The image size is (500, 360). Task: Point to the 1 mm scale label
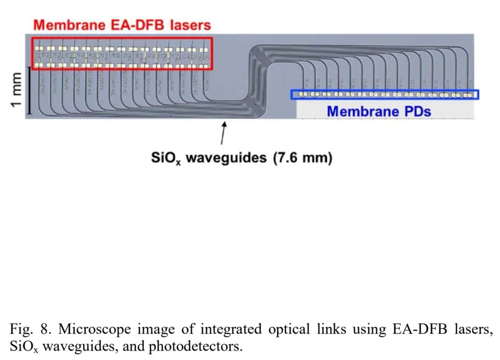(16, 90)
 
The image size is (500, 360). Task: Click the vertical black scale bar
(29, 90)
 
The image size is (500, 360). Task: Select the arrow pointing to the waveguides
(224, 132)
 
